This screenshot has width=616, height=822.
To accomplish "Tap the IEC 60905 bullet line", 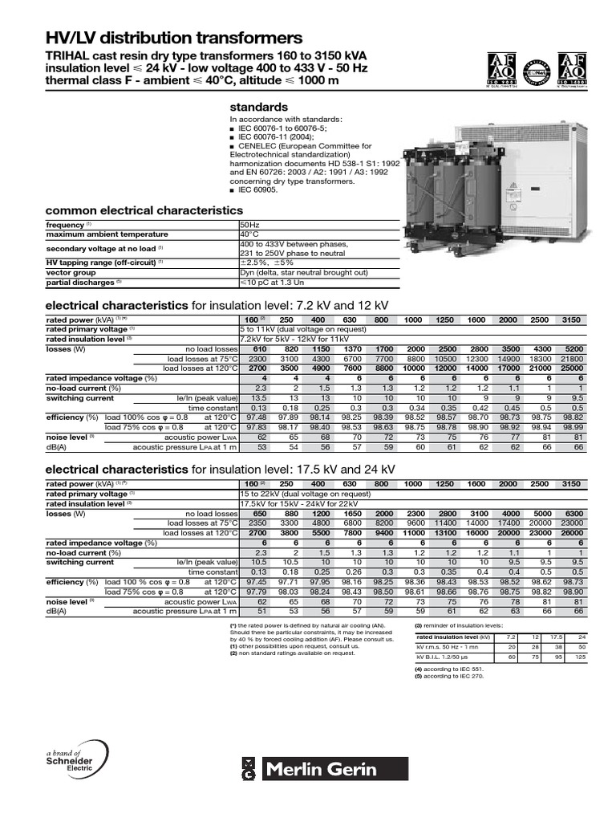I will pos(257,191).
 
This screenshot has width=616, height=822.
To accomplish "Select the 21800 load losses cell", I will pos(594,359).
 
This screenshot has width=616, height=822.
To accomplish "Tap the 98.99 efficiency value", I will pos(594,427).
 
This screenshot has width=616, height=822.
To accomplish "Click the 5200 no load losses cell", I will pos(594,349).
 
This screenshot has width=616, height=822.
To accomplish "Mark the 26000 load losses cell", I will pos(594,533).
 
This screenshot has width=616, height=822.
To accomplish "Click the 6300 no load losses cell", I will pos(594,513).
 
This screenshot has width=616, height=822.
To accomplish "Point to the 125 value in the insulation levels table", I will pos(602,657).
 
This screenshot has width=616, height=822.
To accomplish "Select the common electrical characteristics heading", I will pos(139,210).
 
